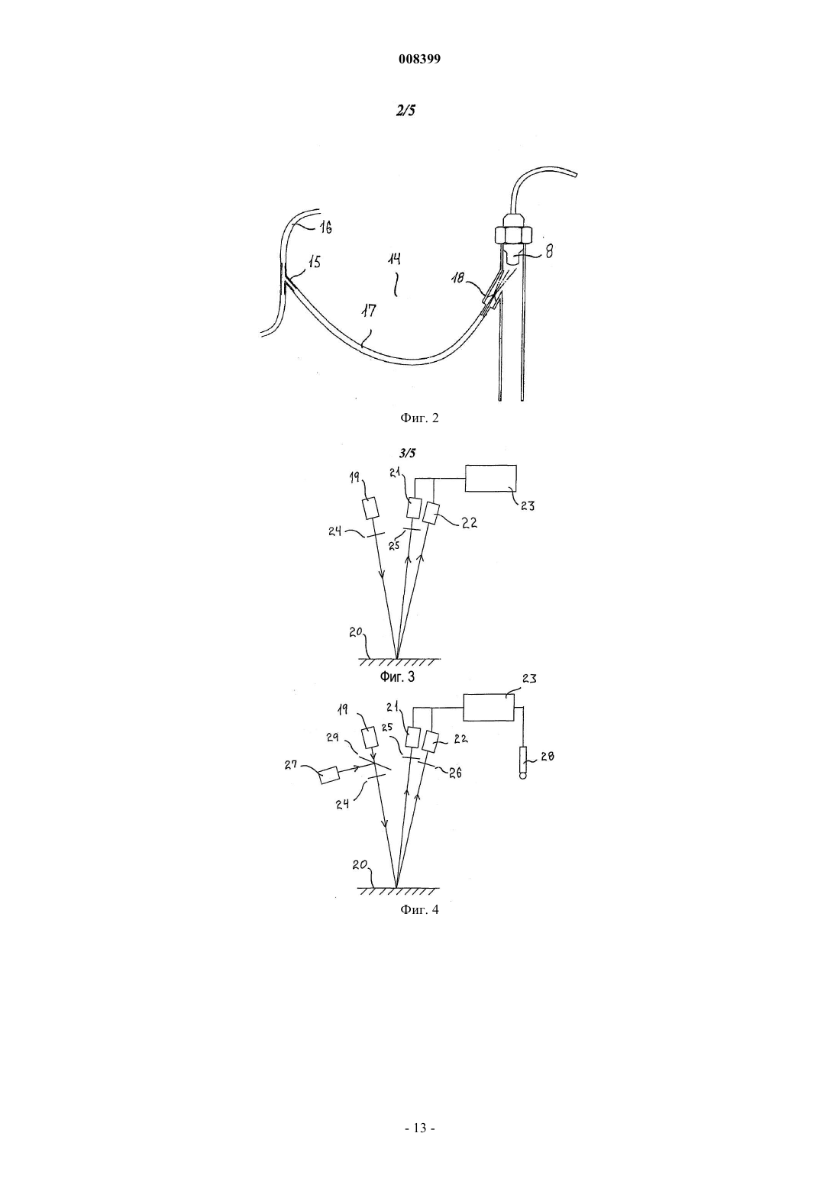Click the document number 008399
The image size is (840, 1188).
tap(419, 59)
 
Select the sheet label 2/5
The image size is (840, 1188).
tap(405, 110)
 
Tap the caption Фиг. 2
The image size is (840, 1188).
tap(419, 418)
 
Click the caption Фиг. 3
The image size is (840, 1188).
tap(397, 676)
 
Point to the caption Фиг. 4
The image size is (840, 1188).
tap(419, 909)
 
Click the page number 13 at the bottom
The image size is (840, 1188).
tap(419, 1128)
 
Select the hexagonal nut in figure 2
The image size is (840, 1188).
tap(513, 234)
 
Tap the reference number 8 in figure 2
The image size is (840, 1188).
tap(549, 250)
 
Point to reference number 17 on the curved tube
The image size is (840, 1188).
tap(369, 310)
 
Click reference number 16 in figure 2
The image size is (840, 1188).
tap(325, 228)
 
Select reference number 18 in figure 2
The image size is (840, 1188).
tap(458, 278)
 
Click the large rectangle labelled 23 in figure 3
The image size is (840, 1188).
tap(490, 479)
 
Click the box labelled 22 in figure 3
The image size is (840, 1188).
tap(431, 513)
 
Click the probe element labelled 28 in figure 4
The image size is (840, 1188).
tap(523, 763)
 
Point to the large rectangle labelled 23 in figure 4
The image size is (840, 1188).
tap(489, 708)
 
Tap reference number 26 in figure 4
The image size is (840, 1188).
tap(456, 773)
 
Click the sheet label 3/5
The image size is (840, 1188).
tap(407, 453)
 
